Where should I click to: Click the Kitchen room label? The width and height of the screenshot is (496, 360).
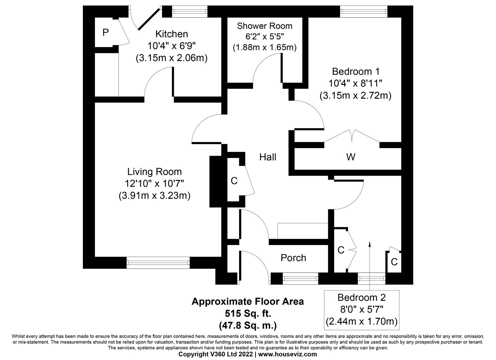click(172, 34)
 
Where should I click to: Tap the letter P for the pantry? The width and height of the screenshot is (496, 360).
click(106, 33)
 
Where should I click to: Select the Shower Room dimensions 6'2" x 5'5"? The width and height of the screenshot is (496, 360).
click(264, 37)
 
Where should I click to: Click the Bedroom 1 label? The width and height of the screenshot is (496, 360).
click(356, 71)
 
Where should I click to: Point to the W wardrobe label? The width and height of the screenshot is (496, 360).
click(350, 157)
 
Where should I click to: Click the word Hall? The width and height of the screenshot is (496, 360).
click(268, 157)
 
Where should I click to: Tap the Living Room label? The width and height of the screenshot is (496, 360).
click(155, 172)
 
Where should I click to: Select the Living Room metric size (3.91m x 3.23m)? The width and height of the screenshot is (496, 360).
click(155, 196)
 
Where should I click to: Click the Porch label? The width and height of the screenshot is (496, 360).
click(293, 258)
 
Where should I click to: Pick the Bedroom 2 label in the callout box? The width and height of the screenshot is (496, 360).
click(361, 297)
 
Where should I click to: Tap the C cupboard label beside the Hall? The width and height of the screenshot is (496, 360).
click(234, 181)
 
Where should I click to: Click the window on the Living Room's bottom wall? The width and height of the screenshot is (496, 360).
click(158, 263)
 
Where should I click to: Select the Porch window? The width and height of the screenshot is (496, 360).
click(300, 278)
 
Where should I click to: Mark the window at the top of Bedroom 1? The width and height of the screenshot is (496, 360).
click(364, 12)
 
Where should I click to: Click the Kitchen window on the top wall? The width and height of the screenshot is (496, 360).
click(190, 12)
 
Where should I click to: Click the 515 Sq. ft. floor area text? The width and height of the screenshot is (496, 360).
click(248, 313)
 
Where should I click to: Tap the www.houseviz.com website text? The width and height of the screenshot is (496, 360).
click(287, 354)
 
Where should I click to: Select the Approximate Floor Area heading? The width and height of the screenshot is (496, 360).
click(248, 302)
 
